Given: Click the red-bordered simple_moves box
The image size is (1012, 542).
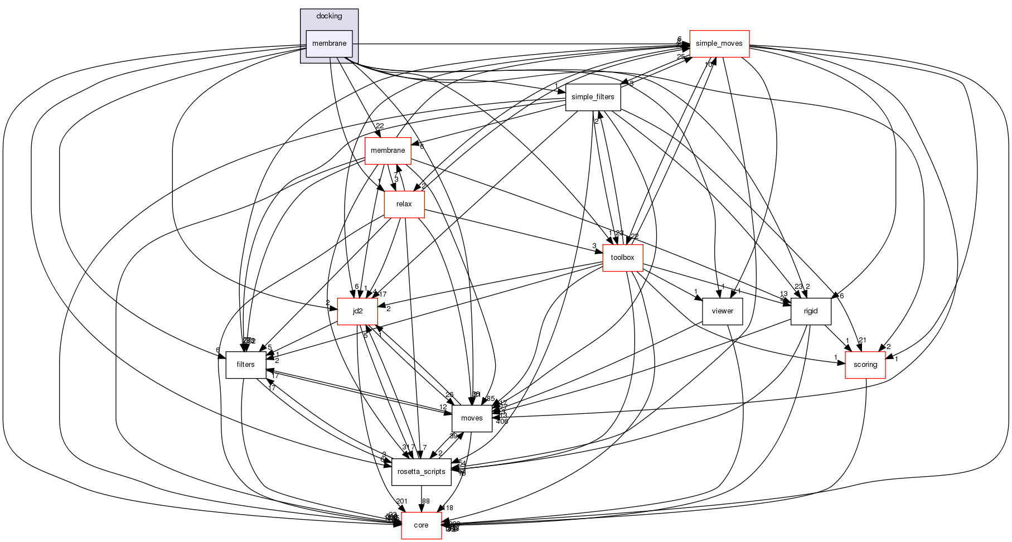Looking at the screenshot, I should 719,43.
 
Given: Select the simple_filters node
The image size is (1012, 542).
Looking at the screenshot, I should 593,97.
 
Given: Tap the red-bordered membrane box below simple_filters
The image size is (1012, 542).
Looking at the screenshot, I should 388,151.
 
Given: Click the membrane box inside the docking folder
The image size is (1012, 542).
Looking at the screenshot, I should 329,43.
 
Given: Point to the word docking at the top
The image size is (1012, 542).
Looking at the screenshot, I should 329,16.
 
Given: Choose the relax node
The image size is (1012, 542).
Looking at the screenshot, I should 404,204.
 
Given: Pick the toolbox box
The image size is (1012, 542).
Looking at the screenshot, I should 622,258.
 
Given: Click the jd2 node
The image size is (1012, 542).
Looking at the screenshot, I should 357,311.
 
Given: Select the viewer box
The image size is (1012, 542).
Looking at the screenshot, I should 722,311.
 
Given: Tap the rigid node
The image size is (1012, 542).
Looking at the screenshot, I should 811,311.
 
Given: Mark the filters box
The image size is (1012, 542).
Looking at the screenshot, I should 245,365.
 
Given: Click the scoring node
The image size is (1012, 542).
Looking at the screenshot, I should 865,365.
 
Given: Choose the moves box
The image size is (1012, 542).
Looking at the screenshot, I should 472,418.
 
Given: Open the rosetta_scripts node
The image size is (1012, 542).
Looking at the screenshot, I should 421,472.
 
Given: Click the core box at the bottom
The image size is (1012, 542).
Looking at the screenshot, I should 421,525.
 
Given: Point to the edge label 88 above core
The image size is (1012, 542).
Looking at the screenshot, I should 426,501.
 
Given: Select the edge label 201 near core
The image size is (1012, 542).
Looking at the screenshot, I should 401,501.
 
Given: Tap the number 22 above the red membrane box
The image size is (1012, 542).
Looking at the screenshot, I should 380,126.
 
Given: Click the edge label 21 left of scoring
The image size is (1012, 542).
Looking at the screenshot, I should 862,340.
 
